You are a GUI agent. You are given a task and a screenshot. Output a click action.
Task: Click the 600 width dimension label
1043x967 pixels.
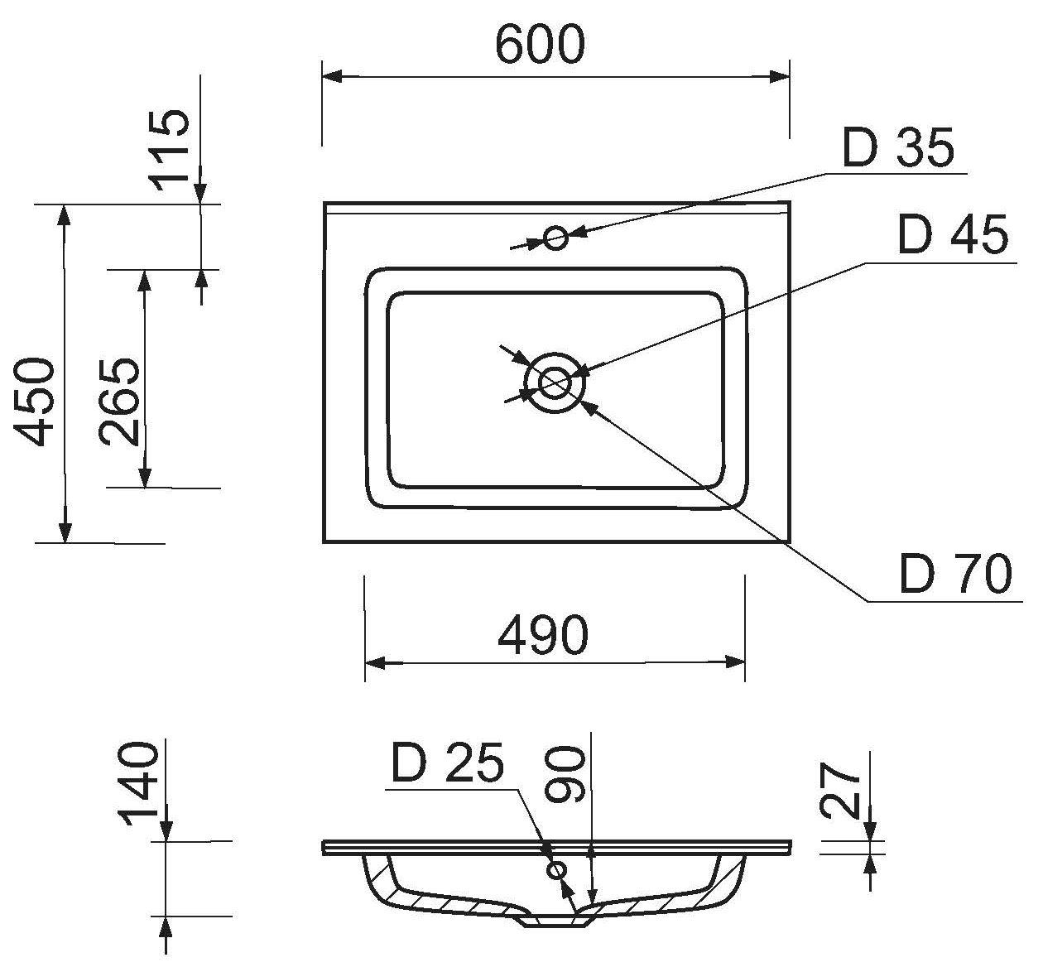pyautogui.click(x=540, y=45)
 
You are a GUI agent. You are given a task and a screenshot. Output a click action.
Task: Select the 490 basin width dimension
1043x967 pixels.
pyautogui.click(x=543, y=635)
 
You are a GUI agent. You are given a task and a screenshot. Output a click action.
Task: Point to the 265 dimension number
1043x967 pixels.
pyautogui.click(x=118, y=402)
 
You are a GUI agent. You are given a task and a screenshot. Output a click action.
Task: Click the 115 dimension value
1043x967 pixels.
pyautogui.click(x=172, y=149)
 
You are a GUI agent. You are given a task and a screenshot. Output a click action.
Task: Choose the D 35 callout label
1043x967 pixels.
pyautogui.click(x=898, y=148)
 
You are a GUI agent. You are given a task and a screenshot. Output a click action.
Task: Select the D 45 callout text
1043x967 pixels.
pyautogui.click(x=953, y=235)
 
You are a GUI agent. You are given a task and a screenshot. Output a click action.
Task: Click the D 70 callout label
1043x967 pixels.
pyautogui.click(x=955, y=574)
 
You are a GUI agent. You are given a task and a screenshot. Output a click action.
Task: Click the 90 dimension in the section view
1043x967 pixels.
pyautogui.click(x=567, y=774)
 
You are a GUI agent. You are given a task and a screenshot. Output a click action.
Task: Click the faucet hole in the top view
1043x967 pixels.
pyautogui.click(x=556, y=239)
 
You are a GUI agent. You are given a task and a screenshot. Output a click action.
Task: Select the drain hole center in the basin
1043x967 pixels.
pyautogui.click(x=554, y=382)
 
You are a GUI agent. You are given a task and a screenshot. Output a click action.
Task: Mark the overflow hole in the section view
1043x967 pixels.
pyautogui.click(x=557, y=870)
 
